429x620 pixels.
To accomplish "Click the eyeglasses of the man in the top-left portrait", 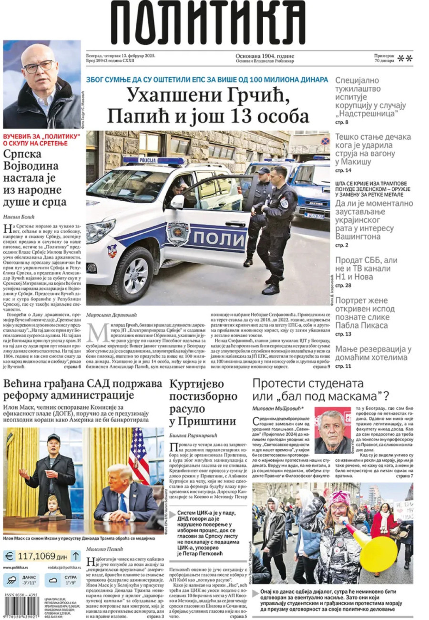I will click(39, 65).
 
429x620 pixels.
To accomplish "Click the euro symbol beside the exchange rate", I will click(9, 556).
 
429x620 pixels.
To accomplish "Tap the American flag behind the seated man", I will click(139, 455).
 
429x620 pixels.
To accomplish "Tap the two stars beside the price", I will click(405, 59).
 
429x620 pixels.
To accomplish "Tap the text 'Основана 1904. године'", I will click(265, 55).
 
